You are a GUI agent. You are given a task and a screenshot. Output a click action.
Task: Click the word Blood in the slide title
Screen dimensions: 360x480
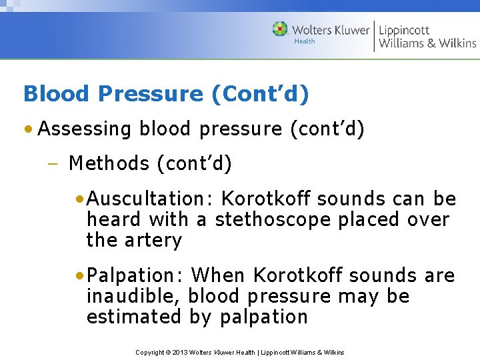coord(51,94)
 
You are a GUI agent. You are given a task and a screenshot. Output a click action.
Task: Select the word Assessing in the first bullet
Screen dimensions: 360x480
coord(85,129)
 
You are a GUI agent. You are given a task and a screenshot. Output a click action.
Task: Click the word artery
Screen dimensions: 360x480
coord(153,240)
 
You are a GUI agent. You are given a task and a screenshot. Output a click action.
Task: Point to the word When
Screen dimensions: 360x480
coord(218,275)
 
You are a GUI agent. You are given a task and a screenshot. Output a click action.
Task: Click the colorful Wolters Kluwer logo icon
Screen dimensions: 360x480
coord(280,29)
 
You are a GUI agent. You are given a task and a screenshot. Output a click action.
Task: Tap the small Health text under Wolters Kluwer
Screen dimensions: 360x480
coord(304,41)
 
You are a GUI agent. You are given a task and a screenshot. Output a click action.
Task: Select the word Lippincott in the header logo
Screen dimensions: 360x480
coord(405,29)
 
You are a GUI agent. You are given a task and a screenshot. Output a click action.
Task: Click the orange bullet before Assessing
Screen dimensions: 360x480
coord(29,129)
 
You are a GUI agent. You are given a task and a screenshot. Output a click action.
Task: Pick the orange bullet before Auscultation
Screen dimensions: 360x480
coord(80,199)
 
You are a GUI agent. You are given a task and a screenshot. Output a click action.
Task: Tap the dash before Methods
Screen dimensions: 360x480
coord(55,164)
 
